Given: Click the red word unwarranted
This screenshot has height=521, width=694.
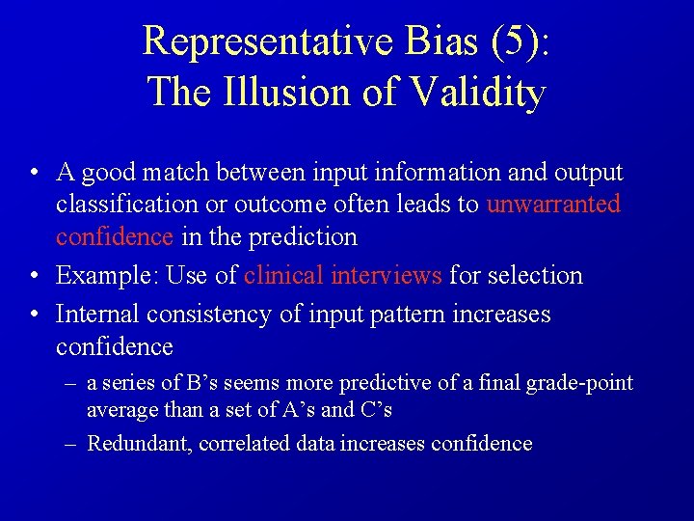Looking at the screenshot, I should coord(553,205).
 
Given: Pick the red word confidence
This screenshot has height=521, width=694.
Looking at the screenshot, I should coord(115,236).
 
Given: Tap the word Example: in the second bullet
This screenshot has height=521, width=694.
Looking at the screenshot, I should coord(107,275).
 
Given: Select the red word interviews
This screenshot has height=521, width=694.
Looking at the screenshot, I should coord(386,275).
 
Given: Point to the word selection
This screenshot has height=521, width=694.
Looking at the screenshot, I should coord(535,275).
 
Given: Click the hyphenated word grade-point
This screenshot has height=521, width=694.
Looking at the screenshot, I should coord(579,383).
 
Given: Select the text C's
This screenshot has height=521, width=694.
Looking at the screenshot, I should coord(374,409).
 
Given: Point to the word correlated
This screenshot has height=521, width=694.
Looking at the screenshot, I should coord(250,444).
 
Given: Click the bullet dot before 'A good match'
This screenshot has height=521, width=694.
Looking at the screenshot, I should coord(34,174).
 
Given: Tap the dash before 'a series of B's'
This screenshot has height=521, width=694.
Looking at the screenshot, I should coord(72,383).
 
